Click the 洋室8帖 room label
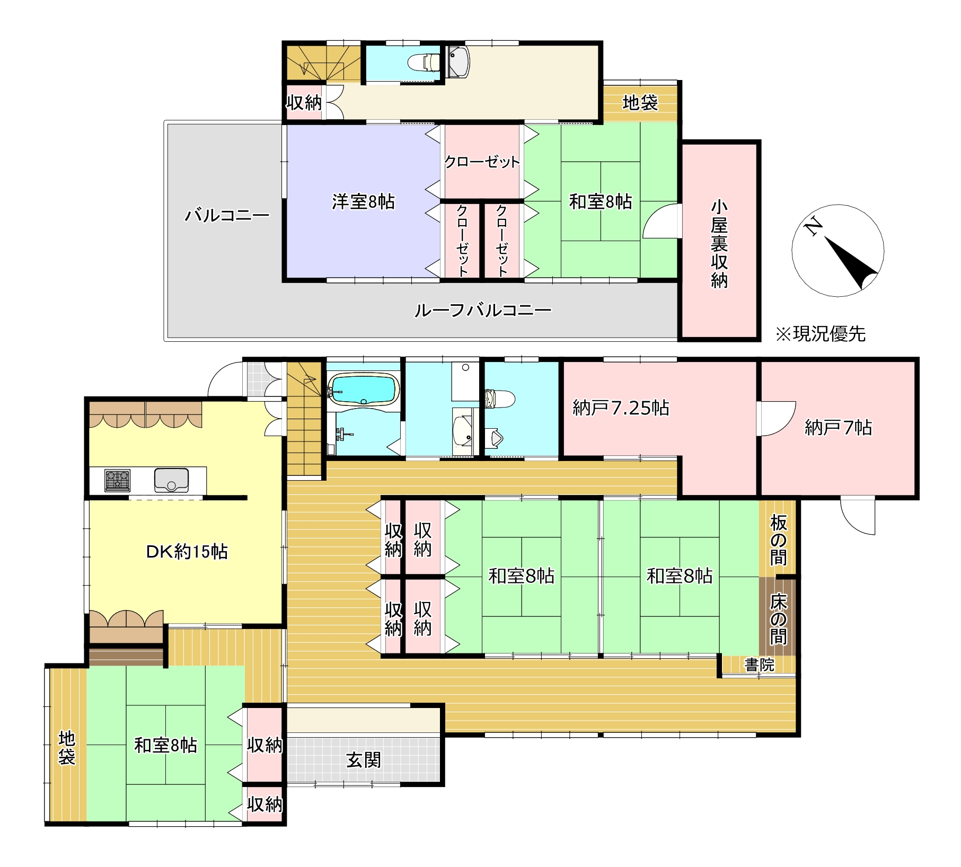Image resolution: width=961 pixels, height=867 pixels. (x=363, y=201)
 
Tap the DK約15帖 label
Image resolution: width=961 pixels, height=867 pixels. (x=187, y=552)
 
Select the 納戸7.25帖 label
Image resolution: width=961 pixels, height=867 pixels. (x=621, y=408)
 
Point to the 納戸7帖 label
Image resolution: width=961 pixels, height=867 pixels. (x=837, y=427)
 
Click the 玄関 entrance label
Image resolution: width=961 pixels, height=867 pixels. (x=364, y=760)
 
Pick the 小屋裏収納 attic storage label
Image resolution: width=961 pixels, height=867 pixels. (x=719, y=244)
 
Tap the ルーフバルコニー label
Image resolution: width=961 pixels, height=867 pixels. (x=482, y=310)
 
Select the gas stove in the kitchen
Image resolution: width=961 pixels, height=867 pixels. (x=117, y=480)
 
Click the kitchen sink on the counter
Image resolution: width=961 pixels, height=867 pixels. (x=171, y=480)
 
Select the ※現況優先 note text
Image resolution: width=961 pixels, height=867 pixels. (x=820, y=334)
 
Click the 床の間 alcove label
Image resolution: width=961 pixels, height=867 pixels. (x=778, y=618)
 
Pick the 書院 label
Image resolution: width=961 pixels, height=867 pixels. (x=759, y=665)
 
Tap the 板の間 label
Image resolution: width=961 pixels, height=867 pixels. (x=778, y=539)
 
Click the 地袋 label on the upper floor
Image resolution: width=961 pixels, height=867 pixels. (x=640, y=102)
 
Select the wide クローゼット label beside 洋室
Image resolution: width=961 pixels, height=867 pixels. (x=481, y=162)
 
